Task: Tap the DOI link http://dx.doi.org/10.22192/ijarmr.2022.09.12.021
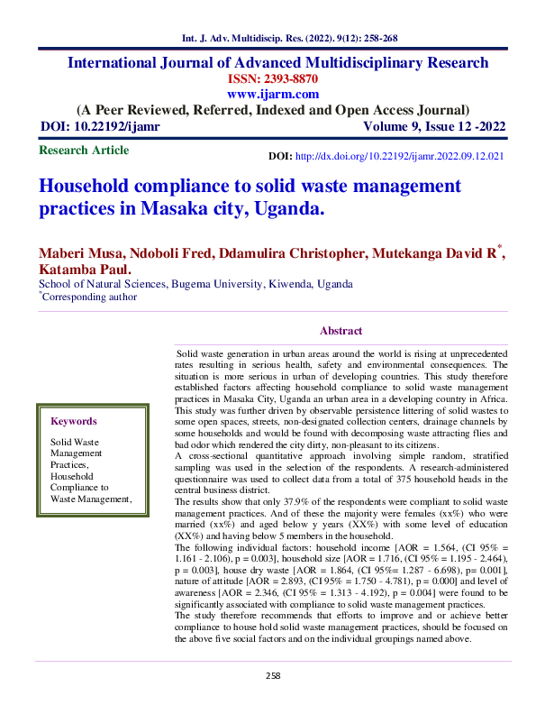(399, 156)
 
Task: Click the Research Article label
(85, 151)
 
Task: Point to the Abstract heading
(341, 331)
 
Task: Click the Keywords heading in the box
(74, 421)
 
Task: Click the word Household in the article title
(87, 187)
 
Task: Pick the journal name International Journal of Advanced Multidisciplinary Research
(278, 62)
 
